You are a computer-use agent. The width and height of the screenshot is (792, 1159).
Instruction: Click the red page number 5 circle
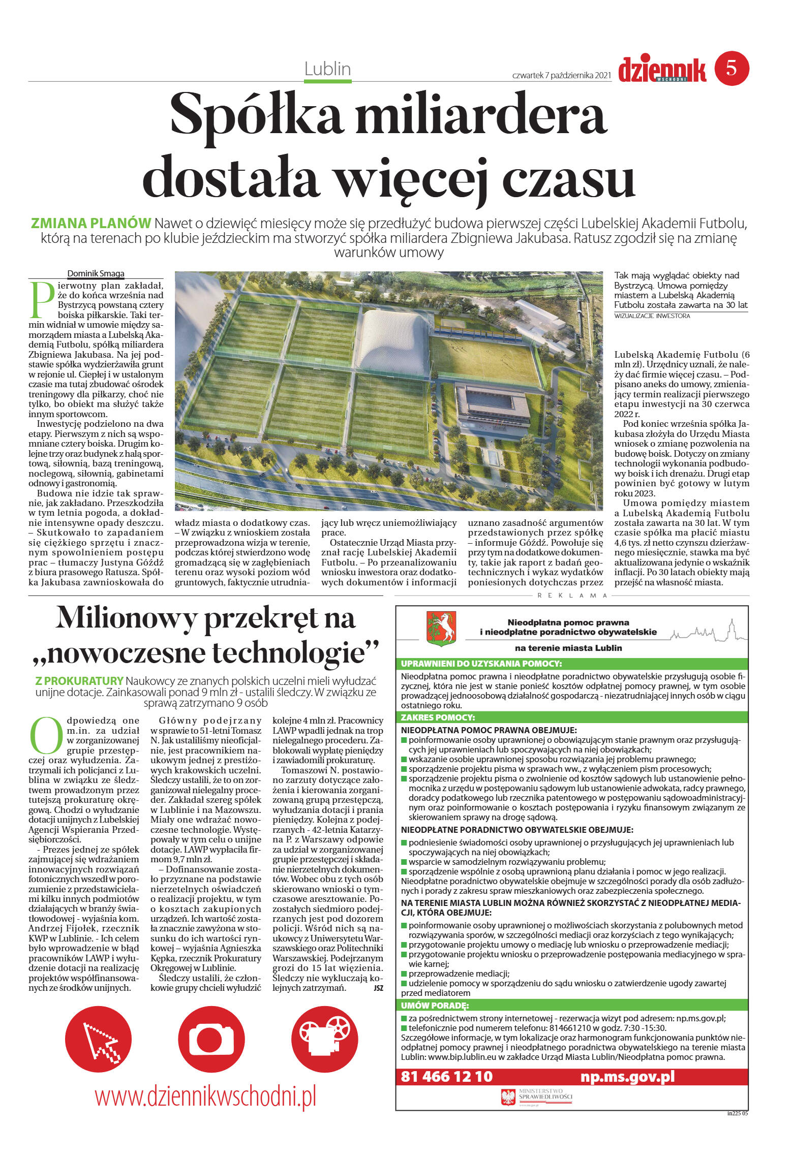click(x=732, y=68)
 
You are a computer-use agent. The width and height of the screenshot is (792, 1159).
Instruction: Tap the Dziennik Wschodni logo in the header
click(x=662, y=70)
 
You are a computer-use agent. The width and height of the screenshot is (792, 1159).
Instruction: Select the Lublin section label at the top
click(x=327, y=69)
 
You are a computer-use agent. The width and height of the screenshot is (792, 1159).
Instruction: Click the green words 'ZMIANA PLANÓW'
click(x=91, y=223)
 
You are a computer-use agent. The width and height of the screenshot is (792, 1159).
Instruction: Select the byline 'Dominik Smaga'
click(x=96, y=273)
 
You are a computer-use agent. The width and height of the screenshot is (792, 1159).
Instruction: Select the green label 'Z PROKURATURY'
click(x=79, y=681)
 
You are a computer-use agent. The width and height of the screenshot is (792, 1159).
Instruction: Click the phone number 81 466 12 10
click(x=446, y=1076)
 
